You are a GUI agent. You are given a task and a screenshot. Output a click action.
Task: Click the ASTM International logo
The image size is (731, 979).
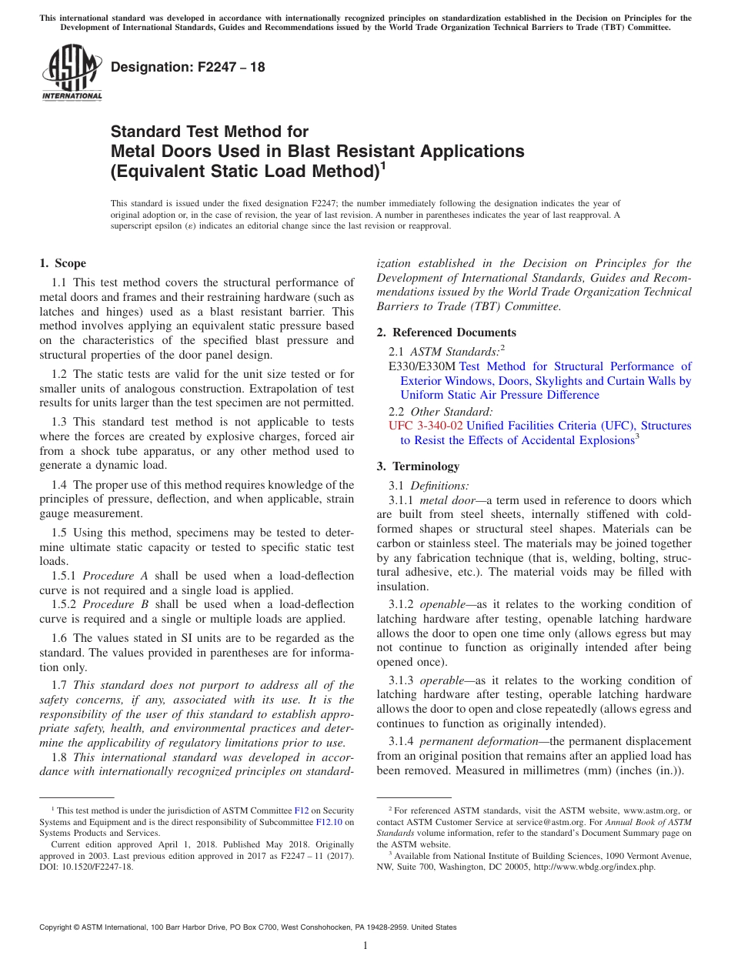71,73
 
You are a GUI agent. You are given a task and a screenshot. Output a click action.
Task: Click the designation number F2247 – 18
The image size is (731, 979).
188,68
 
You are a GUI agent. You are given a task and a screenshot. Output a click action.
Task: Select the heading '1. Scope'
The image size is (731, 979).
62,263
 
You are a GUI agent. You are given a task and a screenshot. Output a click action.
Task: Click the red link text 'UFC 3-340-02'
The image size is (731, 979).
426,426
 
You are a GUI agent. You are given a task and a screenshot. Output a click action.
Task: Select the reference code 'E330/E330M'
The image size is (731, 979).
422,366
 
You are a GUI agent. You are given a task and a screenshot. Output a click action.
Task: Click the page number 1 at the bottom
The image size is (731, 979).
365,946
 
